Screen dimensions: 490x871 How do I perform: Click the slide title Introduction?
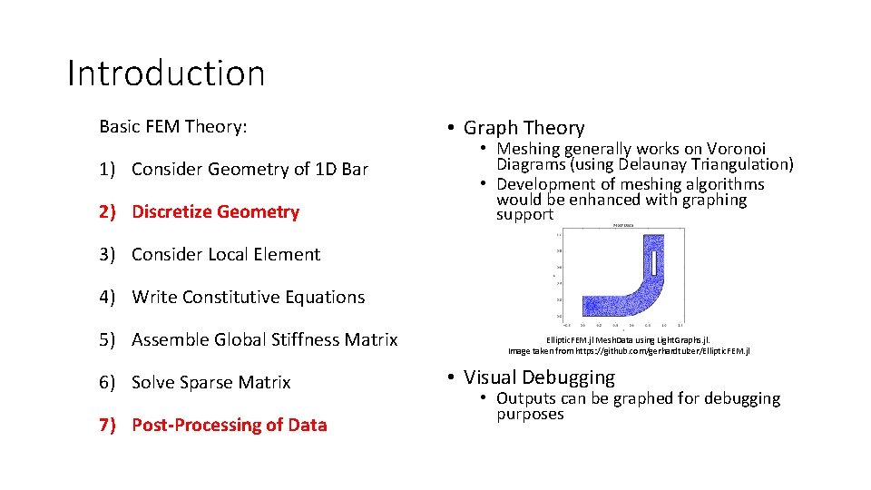166,73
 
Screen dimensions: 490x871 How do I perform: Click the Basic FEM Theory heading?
172,126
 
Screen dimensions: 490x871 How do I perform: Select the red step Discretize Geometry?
215,211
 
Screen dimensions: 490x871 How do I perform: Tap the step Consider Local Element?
226,254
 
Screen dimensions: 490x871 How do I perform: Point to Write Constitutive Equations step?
248,297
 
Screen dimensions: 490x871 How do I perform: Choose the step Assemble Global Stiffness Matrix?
264,339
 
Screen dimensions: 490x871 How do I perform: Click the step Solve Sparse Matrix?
210,382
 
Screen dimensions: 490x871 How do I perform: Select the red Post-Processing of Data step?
229,425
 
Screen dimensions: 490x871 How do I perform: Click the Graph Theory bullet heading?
524,128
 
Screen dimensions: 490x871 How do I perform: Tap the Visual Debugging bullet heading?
539,377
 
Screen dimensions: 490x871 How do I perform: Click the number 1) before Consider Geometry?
108,169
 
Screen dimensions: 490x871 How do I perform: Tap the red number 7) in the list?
108,425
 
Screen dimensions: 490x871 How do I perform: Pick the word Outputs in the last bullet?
527,398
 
